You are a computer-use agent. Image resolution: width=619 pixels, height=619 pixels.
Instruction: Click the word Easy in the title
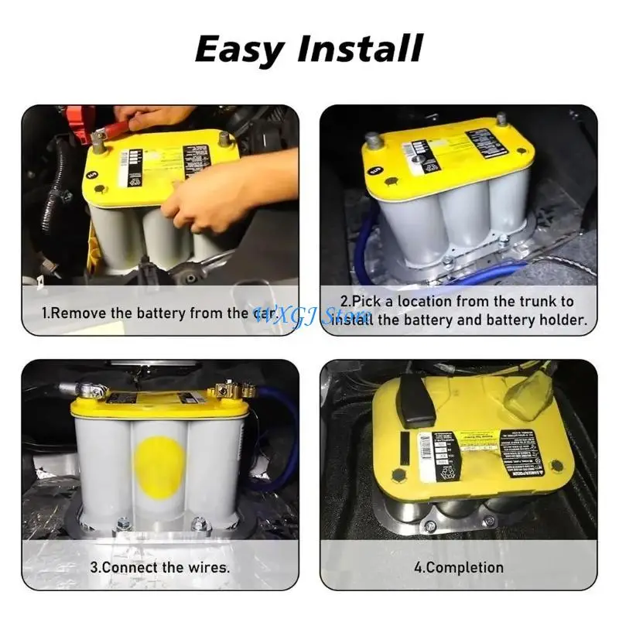[x=241, y=49]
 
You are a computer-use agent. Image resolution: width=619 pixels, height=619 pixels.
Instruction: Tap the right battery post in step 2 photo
[x=501, y=120]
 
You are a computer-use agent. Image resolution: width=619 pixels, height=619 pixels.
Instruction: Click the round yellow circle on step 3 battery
[x=159, y=463]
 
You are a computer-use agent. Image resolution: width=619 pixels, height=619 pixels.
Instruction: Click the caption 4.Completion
[x=458, y=567]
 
